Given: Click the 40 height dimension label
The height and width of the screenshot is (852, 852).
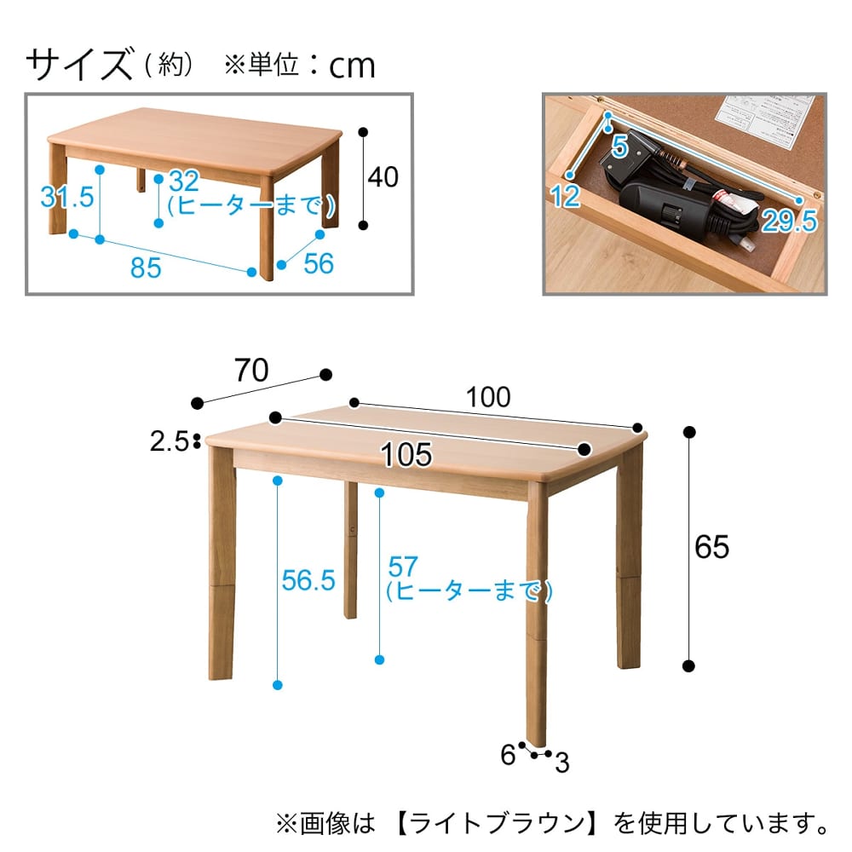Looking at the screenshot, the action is tap(383, 177).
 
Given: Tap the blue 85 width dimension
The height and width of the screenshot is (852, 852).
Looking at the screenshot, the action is tap(146, 268).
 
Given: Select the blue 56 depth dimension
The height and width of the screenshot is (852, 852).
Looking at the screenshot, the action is tap(319, 263).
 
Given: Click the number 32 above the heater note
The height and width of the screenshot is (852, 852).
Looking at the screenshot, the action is tap(184, 181).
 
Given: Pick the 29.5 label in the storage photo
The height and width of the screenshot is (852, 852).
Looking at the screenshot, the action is tap(789, 221).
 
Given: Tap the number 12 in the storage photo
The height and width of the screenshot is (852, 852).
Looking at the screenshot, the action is tap(566, 196).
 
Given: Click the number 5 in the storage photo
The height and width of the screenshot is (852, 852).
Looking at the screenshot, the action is tap(619, 147).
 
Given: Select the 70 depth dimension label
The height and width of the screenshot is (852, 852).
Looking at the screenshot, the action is tap(251, 371).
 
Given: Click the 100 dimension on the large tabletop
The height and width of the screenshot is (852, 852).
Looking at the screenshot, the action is tap(488, 397).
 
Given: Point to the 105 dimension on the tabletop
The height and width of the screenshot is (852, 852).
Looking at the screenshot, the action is tap(406, 454).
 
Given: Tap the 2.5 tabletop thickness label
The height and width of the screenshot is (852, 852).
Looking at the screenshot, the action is tap(169, 441).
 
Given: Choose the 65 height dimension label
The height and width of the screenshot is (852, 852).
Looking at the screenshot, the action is tap(711, 547).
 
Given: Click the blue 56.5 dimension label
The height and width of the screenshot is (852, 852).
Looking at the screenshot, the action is tap(308, 580).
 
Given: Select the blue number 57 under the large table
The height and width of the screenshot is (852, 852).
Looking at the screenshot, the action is tap(403, 567).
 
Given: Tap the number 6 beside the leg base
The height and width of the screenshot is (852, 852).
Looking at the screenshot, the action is tap(508, 754).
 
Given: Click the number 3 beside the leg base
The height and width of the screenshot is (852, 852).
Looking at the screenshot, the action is tap(561, 763).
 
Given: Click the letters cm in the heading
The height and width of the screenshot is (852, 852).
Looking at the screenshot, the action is tap(352, 66).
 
